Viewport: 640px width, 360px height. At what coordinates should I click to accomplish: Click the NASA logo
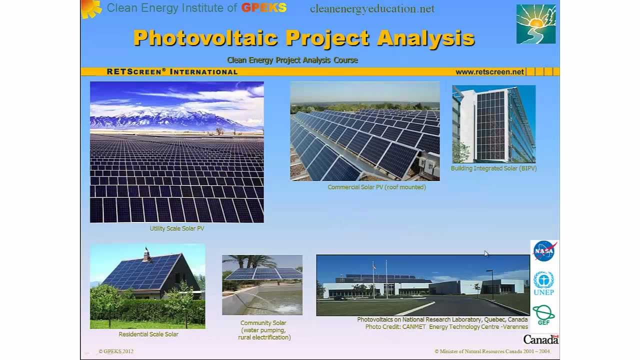544,251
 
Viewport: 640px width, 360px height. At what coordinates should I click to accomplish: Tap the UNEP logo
543,283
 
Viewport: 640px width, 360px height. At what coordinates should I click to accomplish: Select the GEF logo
543,315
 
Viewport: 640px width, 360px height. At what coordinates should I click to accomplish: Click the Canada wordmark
540,339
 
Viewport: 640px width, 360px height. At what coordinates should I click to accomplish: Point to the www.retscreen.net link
489,71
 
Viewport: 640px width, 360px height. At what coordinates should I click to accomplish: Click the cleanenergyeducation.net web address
372,8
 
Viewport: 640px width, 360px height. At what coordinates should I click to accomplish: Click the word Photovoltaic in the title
205,38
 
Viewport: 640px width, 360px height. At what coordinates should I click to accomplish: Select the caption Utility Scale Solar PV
177,228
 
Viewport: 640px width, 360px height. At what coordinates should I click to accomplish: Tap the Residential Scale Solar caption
148,334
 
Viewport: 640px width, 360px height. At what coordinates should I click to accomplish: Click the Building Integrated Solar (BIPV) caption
493,168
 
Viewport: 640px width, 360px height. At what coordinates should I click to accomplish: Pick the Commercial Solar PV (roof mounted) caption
376,187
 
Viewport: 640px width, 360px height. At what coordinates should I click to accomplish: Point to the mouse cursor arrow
486,253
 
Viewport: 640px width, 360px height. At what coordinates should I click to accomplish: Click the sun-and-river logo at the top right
536,24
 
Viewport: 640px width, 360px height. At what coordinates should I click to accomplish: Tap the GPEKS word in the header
263,8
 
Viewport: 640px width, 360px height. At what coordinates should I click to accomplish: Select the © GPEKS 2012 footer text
116,351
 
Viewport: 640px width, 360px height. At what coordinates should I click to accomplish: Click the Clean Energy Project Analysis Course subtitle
292,60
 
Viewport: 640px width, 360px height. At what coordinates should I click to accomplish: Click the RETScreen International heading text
172,71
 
